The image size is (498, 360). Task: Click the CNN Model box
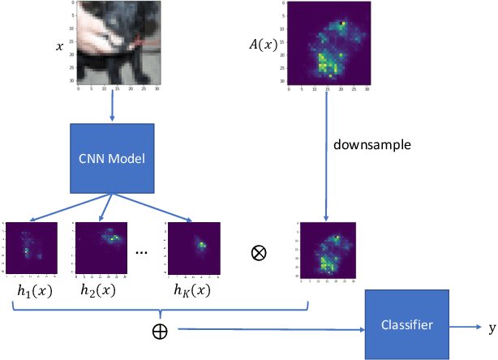112,158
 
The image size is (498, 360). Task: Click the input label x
58,47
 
